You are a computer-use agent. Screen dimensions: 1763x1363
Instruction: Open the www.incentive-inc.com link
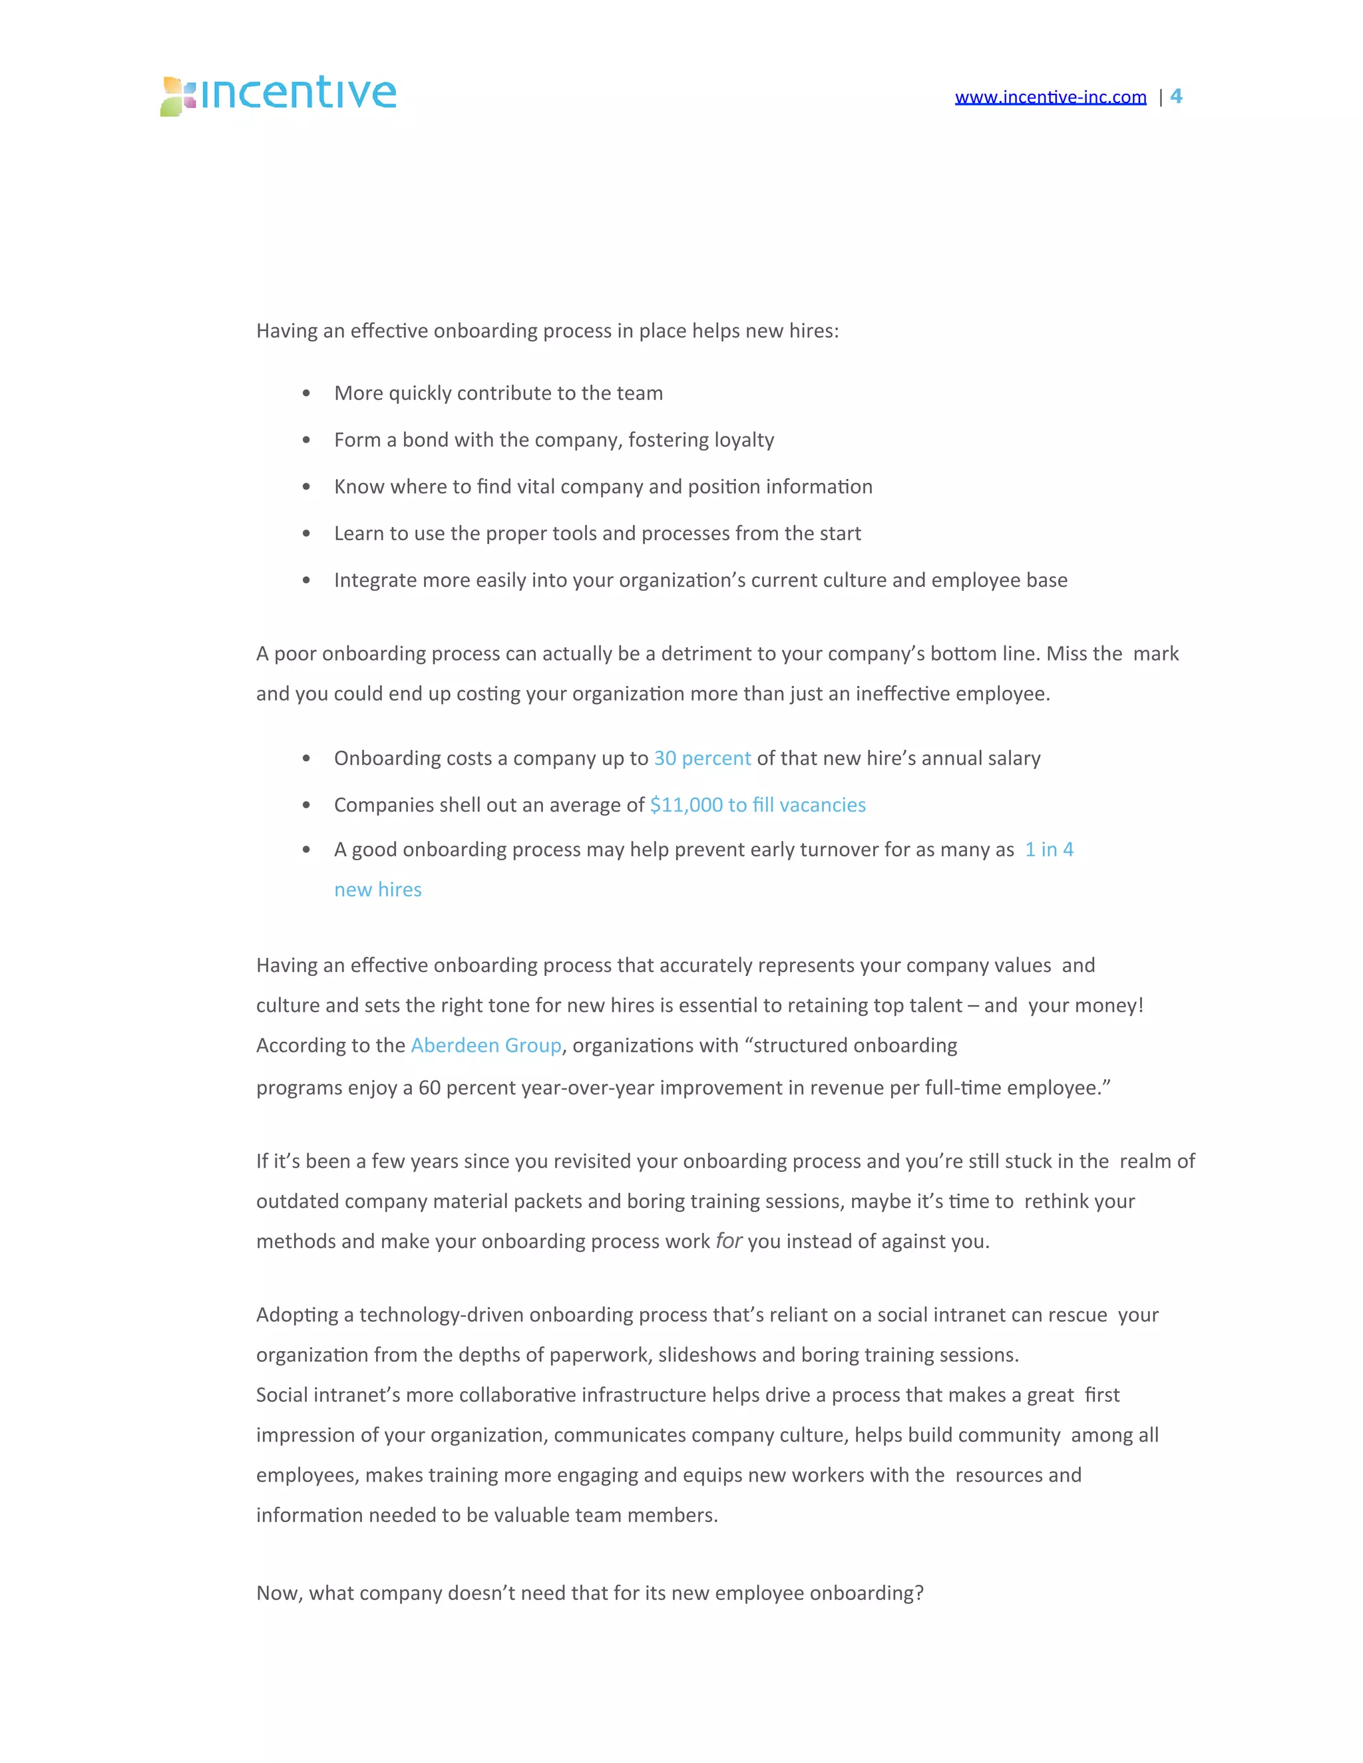tap(1050, 98)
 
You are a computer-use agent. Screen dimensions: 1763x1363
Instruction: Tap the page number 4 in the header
tap(1176, 96)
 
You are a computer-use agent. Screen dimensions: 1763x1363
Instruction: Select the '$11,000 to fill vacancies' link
tap(757, 806)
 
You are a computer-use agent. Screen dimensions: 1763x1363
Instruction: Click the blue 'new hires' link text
tap(378, 890)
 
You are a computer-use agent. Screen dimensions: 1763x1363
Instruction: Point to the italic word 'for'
tap(728, 1241)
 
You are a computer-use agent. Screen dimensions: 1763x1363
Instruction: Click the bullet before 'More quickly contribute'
tap(306, 394)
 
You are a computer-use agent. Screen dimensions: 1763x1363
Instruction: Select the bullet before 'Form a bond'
tap(306, 440)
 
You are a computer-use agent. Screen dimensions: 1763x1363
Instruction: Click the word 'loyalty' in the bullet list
tap(743, 440)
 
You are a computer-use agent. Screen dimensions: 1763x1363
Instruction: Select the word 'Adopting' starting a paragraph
tap(297, 1316)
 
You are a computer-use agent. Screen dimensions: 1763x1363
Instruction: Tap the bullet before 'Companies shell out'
tap(306, 806)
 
